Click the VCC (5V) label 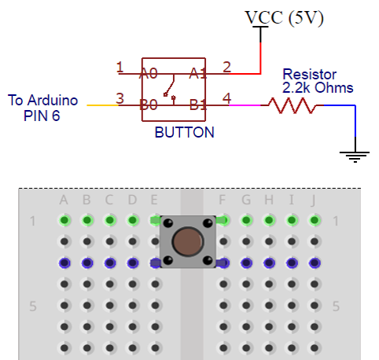tap(284, 18)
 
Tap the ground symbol tap(355, 156)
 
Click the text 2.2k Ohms tap(318, 87)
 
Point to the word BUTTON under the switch tap(185, 132)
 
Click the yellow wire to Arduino tap(103, 105)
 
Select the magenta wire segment tap(245, 105)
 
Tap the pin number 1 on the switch tap(120, 67)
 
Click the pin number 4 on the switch tap(226, 98)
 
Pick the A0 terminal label tap(149, 73)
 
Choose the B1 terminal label tap(198, 105)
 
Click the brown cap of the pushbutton tap(188, 241)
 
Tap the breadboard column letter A tap(64, 200)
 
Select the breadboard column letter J tap(313, 200)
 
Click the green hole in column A tap(64, 220)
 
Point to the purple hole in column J tap(315, 263)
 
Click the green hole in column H tap(269, 220)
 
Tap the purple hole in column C tap(110, 263)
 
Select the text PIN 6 tap(42, 116)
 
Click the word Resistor tap(309, 75)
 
